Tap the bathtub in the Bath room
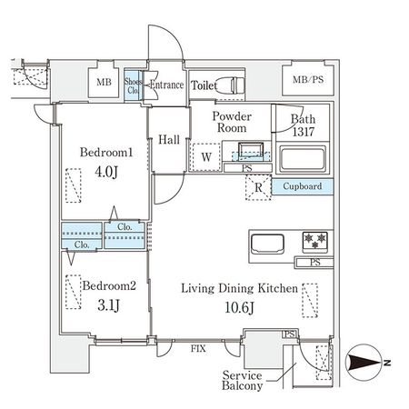point(303,159)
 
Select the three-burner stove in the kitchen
point(315,242)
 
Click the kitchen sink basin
point(267,244)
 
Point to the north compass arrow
point(364,363)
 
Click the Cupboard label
point(303,186)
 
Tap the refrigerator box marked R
point(258,187)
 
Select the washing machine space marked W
point(206,157)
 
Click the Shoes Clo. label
point(133,85)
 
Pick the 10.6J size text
point(239,307)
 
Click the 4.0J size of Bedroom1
point(106,172)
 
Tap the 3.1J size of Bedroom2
point(108,305)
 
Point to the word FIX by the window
point(198,348)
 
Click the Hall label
point(169,140)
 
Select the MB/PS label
point(308,80)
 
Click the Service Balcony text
point(242,381)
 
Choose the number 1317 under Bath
point(304,132)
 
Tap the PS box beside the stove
point(314,262)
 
